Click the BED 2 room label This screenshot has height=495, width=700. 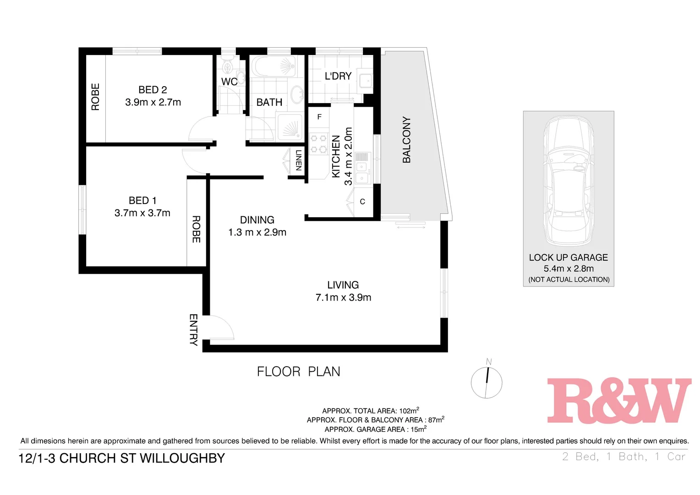(153, 90)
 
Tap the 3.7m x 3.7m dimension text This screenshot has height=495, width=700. (142, 213)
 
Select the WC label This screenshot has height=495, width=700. (229, 82)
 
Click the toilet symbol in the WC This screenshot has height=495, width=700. (227, 67)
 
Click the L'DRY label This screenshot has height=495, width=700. (338, 76)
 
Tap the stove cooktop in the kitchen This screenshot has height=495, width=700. (318, 143)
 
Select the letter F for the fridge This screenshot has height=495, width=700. (319, 117)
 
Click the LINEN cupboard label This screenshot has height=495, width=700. (299, 160)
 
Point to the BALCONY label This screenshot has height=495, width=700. (406, 140)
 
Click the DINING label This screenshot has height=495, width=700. (257, 220)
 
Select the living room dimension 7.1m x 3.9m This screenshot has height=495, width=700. (343, 297)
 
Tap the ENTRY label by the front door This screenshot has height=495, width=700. (193, 330)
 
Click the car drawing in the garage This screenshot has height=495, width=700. (568, 181)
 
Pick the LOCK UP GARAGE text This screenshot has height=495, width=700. (568, 258)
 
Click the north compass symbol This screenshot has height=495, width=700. (487, 382)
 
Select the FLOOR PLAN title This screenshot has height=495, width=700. (298, 372)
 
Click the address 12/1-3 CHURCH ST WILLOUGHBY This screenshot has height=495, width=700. (122, 458)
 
